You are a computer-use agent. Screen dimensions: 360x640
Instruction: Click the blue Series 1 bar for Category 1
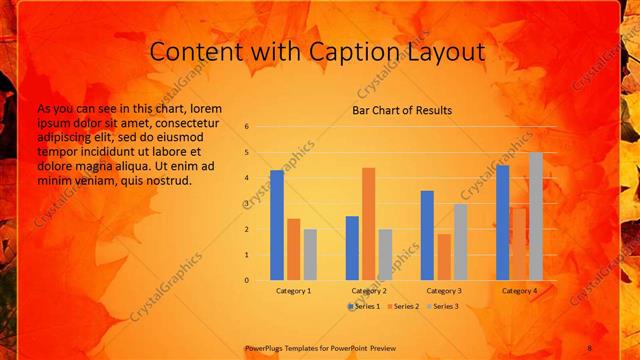(x=277, y=225)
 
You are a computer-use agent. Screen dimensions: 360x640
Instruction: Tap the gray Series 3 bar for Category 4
(x=536, y=216)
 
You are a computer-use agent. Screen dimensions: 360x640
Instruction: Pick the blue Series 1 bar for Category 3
(x=427, y=235)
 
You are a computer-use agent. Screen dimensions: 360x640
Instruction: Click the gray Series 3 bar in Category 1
(x=310, y=254)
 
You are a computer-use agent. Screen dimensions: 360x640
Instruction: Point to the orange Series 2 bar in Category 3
(x=443, y=257)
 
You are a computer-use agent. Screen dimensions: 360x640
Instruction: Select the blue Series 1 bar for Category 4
(x=503, y=222)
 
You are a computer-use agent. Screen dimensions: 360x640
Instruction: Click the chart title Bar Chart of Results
(x=402, y=110)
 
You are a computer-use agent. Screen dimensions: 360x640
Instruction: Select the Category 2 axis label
(x=369, y=290)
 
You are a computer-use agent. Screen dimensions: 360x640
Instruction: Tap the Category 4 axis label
(x=519, y=290)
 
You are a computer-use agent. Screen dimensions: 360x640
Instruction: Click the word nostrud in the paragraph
(x=166, y=180)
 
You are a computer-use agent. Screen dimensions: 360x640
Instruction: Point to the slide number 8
(x=589, y=347)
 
